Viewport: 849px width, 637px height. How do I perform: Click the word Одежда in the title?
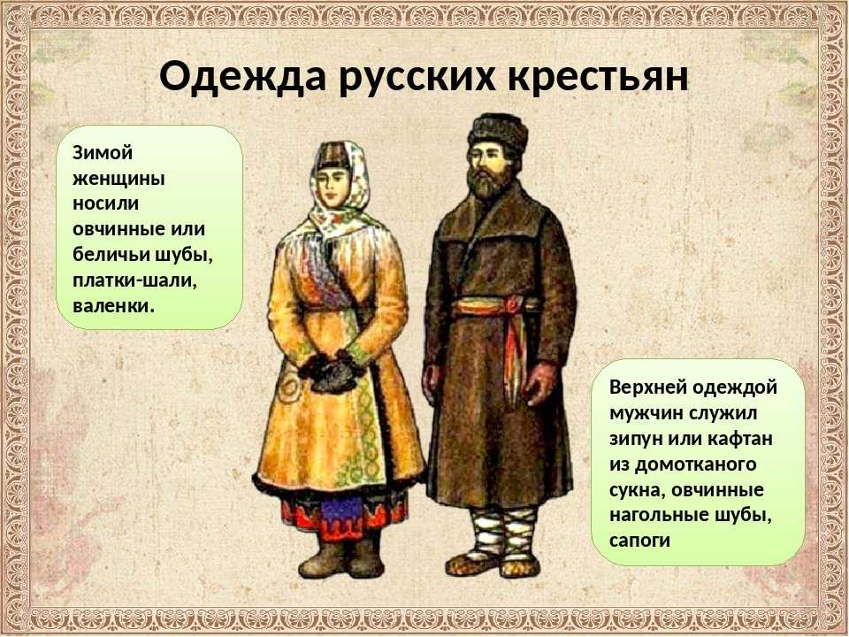click(x=243, y=76)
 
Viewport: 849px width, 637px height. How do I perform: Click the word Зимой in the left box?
click(x=103, y=153)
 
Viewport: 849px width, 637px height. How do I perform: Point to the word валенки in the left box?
click(x=114, y=306)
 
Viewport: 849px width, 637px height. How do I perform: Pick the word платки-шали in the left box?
click(x=134, y=280)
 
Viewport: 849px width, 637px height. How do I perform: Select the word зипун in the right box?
click(x=635, y=440)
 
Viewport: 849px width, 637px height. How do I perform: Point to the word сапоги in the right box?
click(x=639, y=541)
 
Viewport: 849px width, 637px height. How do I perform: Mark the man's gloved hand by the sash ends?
click(x=539, y=384)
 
